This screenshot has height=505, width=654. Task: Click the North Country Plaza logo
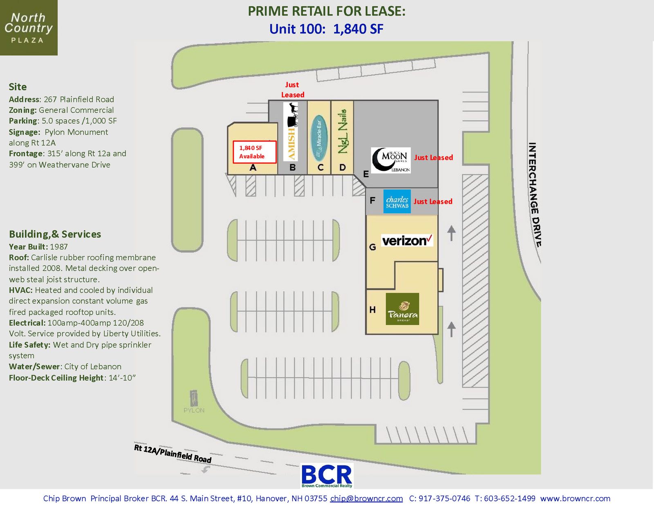pos(29,28)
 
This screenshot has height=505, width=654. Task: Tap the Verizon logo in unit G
pos(407,240)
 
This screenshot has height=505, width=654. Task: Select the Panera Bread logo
pos(402,308)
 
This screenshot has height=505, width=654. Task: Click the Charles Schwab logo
pos(397,201)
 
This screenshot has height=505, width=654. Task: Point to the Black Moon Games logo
pos(391,160)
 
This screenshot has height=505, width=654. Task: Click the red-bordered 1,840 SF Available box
pos(255,152)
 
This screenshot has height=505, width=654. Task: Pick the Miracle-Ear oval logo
pos(319,138)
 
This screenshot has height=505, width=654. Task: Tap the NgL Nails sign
pos(343,132)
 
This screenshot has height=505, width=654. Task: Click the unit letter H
pos(372,310)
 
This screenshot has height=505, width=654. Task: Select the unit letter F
pos(372,200)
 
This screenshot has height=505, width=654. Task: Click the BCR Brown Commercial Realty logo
pos(327,476)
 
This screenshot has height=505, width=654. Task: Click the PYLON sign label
pos(194,410)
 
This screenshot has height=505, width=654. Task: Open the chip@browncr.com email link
pos(366,498)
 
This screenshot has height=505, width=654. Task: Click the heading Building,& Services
pos(55,234)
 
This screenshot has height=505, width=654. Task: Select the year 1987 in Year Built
pos(59,247)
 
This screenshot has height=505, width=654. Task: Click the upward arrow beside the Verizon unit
pos(451,233)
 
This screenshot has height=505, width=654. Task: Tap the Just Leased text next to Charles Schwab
pos(433,201)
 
